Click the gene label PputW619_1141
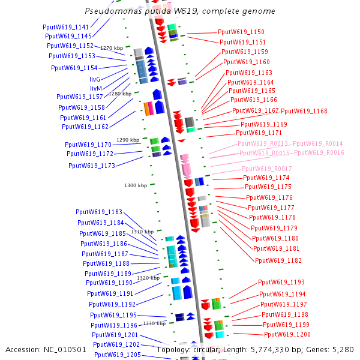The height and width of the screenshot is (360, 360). point(66,27)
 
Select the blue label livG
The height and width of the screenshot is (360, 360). point(95,79)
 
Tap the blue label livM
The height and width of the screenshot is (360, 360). point(95,88)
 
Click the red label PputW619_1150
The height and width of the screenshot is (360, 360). point(241,32)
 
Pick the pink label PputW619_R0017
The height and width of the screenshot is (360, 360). point(267,169)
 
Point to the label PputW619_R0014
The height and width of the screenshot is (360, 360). point(318,144)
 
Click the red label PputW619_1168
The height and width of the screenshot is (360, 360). point(304,111)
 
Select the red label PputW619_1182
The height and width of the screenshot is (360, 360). point(278,260)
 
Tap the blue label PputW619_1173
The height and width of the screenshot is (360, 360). point(92,166)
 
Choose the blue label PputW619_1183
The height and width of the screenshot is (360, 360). point(99,212)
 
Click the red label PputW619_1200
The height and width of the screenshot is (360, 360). point(287,334)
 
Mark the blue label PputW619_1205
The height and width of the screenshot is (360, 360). point(118,355)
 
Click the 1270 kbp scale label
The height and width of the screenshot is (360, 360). point(112,48)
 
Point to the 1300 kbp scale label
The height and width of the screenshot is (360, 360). point(136,186)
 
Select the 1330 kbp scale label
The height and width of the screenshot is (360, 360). point(154,323)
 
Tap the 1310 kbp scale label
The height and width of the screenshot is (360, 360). point(142,232)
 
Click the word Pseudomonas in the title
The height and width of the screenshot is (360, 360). point(111,11)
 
